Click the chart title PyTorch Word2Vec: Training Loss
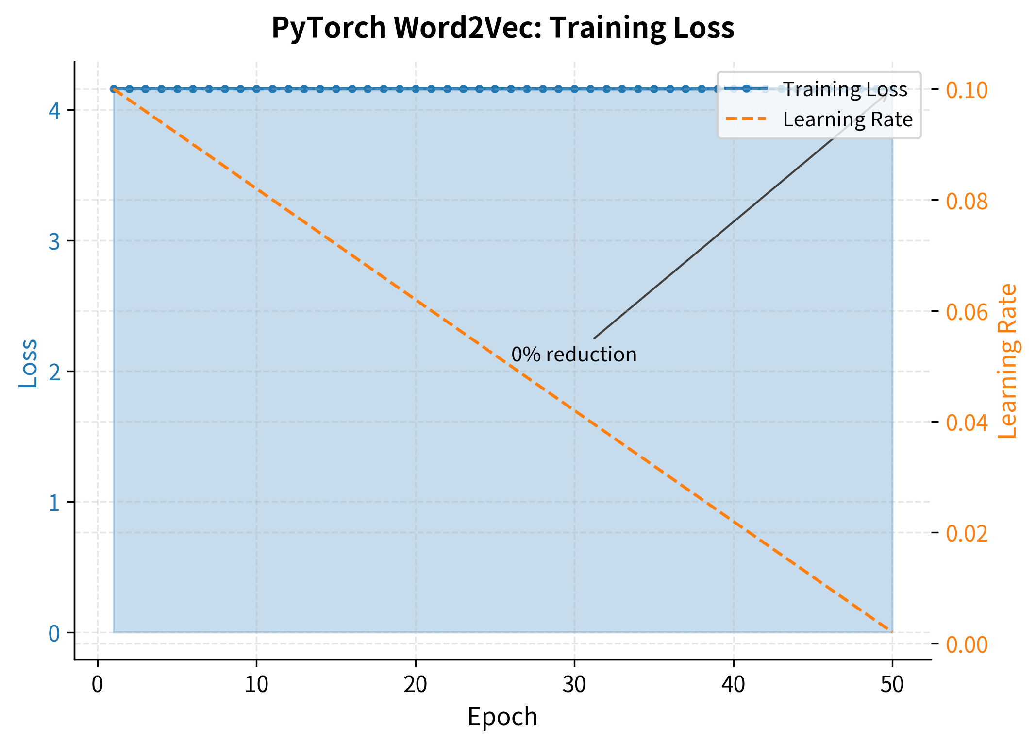click(x=502, y=28)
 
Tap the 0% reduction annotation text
click(x=574, y=355)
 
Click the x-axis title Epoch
click(x=502, y=717)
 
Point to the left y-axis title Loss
click(x=28, y=363)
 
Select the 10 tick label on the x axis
click(x=256, y=685)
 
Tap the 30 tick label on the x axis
click(x=574, y=685)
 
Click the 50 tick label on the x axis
click(x=892, y=685)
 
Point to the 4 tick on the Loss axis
click(x=54, y=111)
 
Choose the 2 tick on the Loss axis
click(x=54, y=372)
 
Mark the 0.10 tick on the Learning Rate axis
click(x=967, y=90)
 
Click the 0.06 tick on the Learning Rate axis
click(x=967, y=312)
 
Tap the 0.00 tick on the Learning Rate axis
click(x=967, y=644)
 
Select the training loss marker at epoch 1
click(x=114, y=89)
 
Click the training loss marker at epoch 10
click(x=256, y=89)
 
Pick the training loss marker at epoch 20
click(x=416, y=89)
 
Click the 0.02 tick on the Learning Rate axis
click(x=967, y=533)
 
